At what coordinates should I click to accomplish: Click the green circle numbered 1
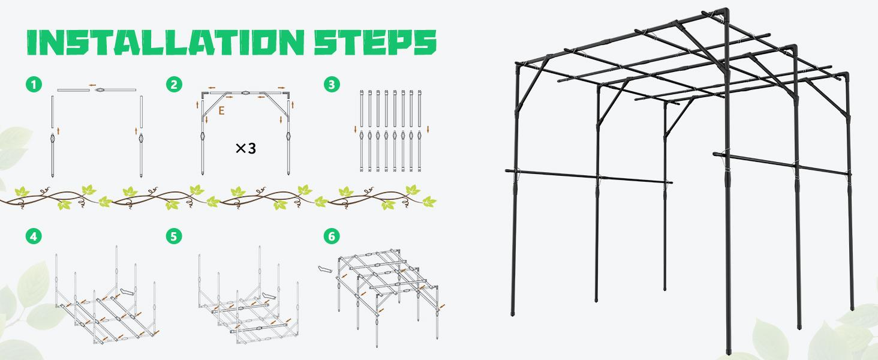tap(34, 85)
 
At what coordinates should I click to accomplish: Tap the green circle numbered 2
tap(174, 85)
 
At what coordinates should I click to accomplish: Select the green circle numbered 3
tap(330, 85)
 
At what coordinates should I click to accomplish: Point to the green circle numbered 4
tap(34, 236)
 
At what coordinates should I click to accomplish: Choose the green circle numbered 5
tap(174, 236)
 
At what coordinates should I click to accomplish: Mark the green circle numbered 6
tap(330, 236)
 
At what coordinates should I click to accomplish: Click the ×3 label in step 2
tap(245, 148)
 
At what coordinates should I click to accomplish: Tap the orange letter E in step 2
tap(222, 111)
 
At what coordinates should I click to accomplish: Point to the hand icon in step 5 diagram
tap(269, 296)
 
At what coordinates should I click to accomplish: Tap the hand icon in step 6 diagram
tap(324, 269)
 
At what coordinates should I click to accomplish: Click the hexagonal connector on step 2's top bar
tap(246, 93)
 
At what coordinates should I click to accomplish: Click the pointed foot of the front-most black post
tap(730, 349)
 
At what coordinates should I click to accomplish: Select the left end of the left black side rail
tap(507, 170)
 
